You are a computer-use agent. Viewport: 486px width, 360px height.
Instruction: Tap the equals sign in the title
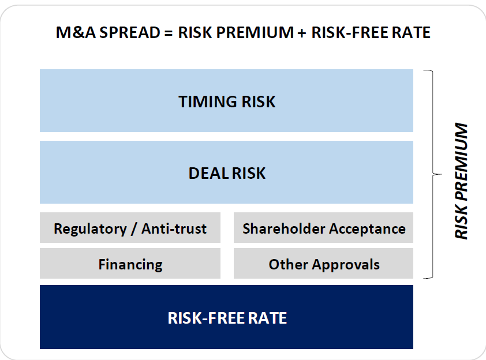click(168, 32)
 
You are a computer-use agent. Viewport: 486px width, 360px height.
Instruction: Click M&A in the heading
click(73, 32)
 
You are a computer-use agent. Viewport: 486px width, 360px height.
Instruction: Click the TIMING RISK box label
click(227, 102)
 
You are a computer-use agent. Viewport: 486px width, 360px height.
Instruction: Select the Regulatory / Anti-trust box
click(130, 228)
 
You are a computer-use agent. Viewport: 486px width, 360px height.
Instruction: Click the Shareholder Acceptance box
click(324, 228)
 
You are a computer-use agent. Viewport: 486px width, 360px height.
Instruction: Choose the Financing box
click(130, 264)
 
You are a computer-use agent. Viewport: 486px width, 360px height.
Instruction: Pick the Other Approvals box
click(324, 264)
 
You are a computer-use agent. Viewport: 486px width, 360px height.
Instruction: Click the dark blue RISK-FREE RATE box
click(227, 317)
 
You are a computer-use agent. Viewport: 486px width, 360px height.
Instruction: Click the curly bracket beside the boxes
click(431, 173)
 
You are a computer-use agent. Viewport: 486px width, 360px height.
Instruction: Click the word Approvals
click(346, 264)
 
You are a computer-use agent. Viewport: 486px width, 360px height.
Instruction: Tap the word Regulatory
click(89, 228)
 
